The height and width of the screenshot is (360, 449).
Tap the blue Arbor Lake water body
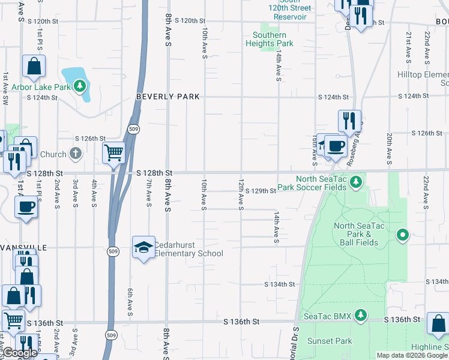tap(75, 76)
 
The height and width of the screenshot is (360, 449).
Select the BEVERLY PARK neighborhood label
tap(167, 97)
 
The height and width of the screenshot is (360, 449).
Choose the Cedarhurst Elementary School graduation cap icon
tap(144, 247)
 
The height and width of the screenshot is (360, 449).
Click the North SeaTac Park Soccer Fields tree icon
tap(357, 181)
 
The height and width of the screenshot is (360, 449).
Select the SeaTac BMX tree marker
tap(360, 315)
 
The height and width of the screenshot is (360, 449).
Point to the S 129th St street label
tap(259, 191)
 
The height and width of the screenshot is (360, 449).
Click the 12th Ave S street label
tap(241, 194)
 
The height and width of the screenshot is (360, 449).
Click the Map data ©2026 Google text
tap(412, 355)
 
